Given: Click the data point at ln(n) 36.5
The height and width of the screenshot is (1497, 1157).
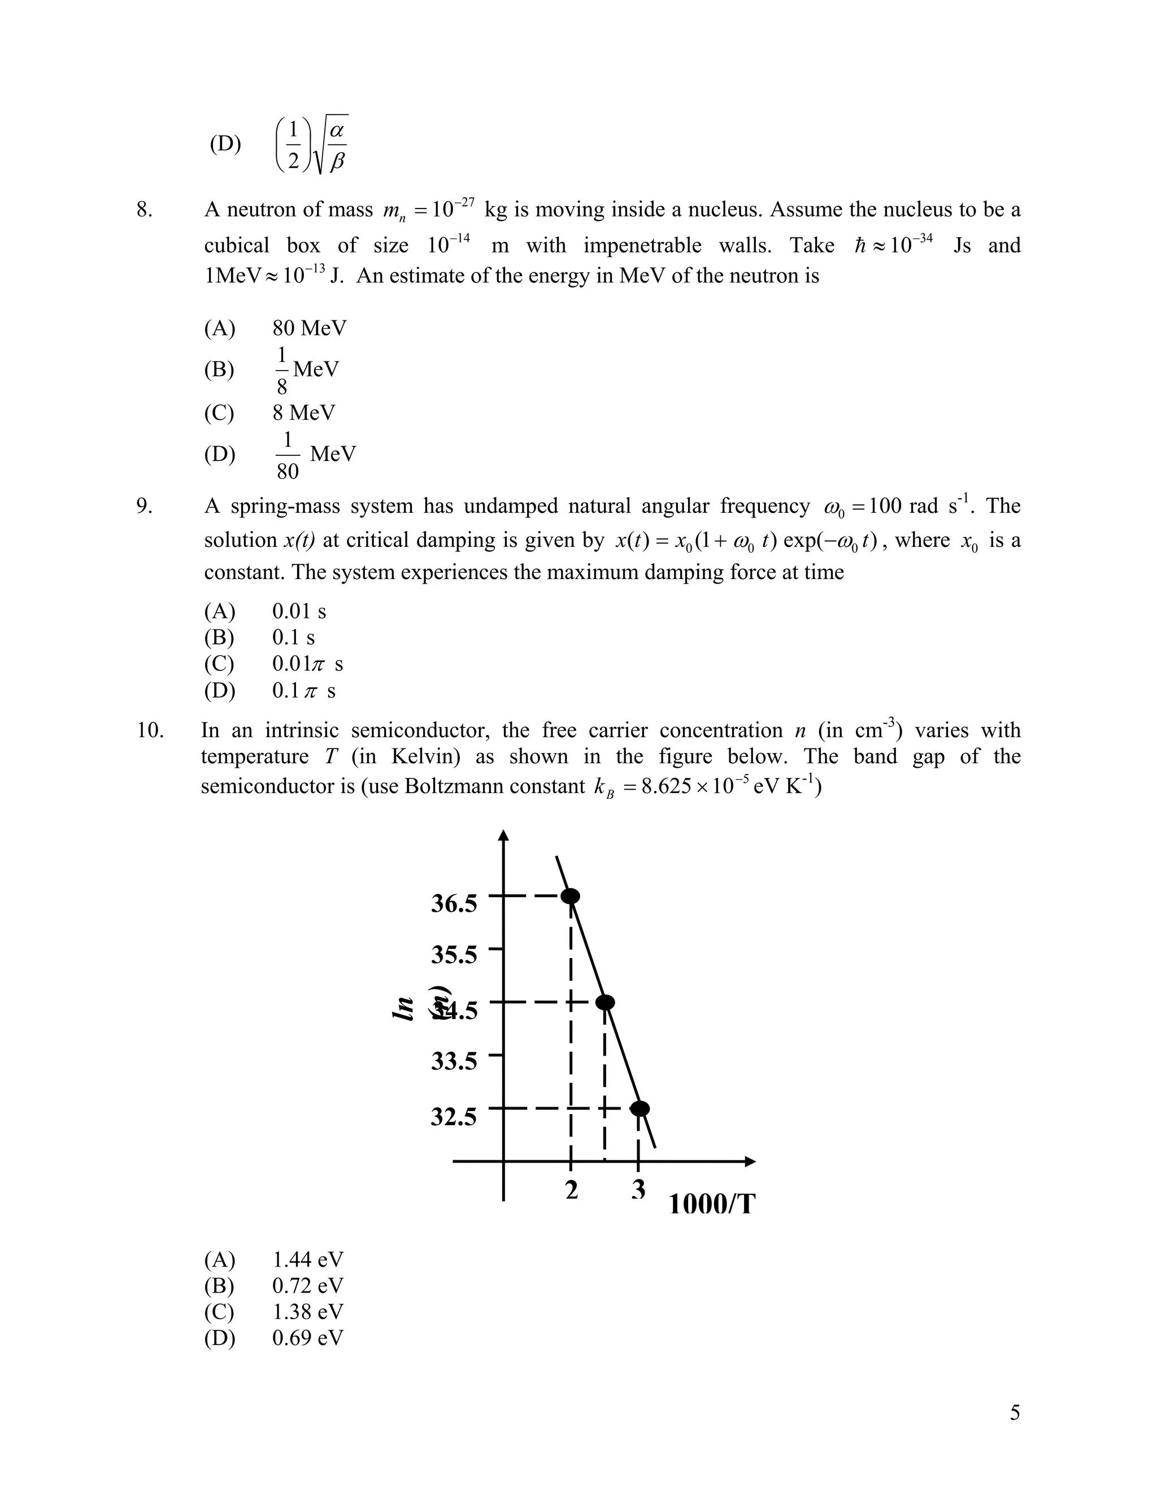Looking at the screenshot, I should (x=570, y=896).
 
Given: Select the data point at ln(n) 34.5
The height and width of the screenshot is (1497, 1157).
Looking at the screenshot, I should (x=604, y=1002).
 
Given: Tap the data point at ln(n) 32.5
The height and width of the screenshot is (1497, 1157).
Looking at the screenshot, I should (x=640, y=1108).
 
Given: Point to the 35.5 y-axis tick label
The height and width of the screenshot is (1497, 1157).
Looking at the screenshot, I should (x=454, y=954).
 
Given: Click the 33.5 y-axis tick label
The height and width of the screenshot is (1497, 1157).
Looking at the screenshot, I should (x=454, y=1061).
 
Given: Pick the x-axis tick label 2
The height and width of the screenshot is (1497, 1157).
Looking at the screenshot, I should (x=572, y=1190).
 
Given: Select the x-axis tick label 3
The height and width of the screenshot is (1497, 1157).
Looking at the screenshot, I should (x=639, y=1190).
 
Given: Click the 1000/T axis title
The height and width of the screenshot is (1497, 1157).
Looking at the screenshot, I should (x=711, y=1204).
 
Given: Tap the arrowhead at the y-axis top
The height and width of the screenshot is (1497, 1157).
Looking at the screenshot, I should (x=504, y=835).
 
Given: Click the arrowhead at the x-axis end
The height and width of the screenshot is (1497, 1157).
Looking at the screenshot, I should (x=751, y=1161).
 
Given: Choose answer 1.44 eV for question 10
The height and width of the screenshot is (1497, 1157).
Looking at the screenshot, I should (x=308, y=1259).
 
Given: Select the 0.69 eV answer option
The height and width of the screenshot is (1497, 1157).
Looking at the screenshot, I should (x=308, y=1337).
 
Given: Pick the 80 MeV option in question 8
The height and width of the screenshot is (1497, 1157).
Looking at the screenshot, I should (x=309, y=328).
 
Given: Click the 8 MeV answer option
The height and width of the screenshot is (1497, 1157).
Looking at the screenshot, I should (x=303, y=412).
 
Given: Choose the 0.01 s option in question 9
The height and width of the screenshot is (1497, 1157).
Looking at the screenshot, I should (x=299, y=611).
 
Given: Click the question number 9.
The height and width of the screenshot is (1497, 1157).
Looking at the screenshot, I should (x=145, y=506).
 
